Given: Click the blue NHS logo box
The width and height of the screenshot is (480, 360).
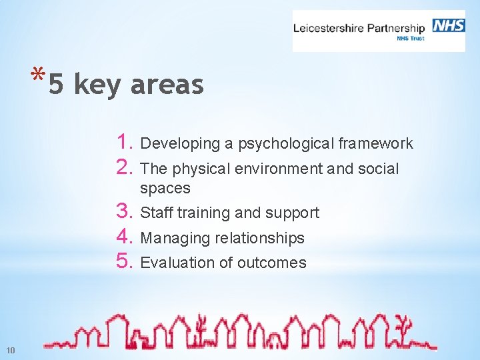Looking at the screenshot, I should coord(449,25).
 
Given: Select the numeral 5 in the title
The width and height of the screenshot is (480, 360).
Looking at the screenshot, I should coord(57,85).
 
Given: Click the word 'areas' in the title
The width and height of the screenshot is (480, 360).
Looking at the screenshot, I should coord(167,85).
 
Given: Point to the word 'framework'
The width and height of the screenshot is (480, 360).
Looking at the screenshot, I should coord(375,143).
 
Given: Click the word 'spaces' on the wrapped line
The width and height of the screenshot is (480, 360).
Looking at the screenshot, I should coord(165,189).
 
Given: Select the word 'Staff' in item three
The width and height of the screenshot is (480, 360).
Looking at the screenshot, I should coord(155,213).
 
